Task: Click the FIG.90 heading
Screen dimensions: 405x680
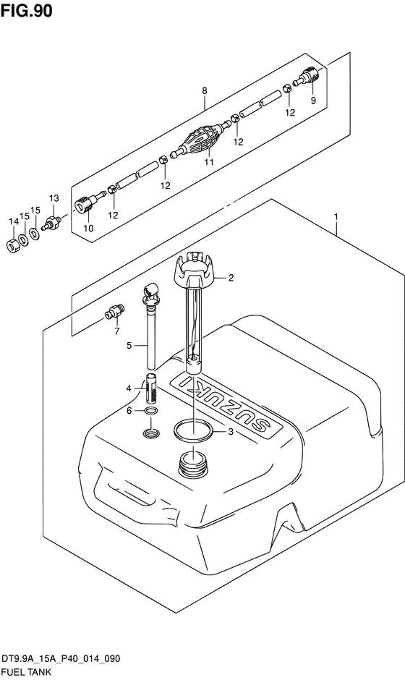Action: click(27, 10)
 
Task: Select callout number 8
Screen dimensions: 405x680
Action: click(205, 90)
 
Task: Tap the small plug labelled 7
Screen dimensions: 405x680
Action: click(114, 311)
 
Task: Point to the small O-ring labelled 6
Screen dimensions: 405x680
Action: click(151, 411)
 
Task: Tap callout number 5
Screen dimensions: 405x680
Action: click(129, 346)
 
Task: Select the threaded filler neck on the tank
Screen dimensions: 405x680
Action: click(192, 464)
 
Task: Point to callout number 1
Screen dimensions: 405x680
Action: click(336, 216)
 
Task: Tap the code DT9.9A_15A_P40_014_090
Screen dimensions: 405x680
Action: click(61, 659)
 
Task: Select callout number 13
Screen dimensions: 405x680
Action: click(54, 198)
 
